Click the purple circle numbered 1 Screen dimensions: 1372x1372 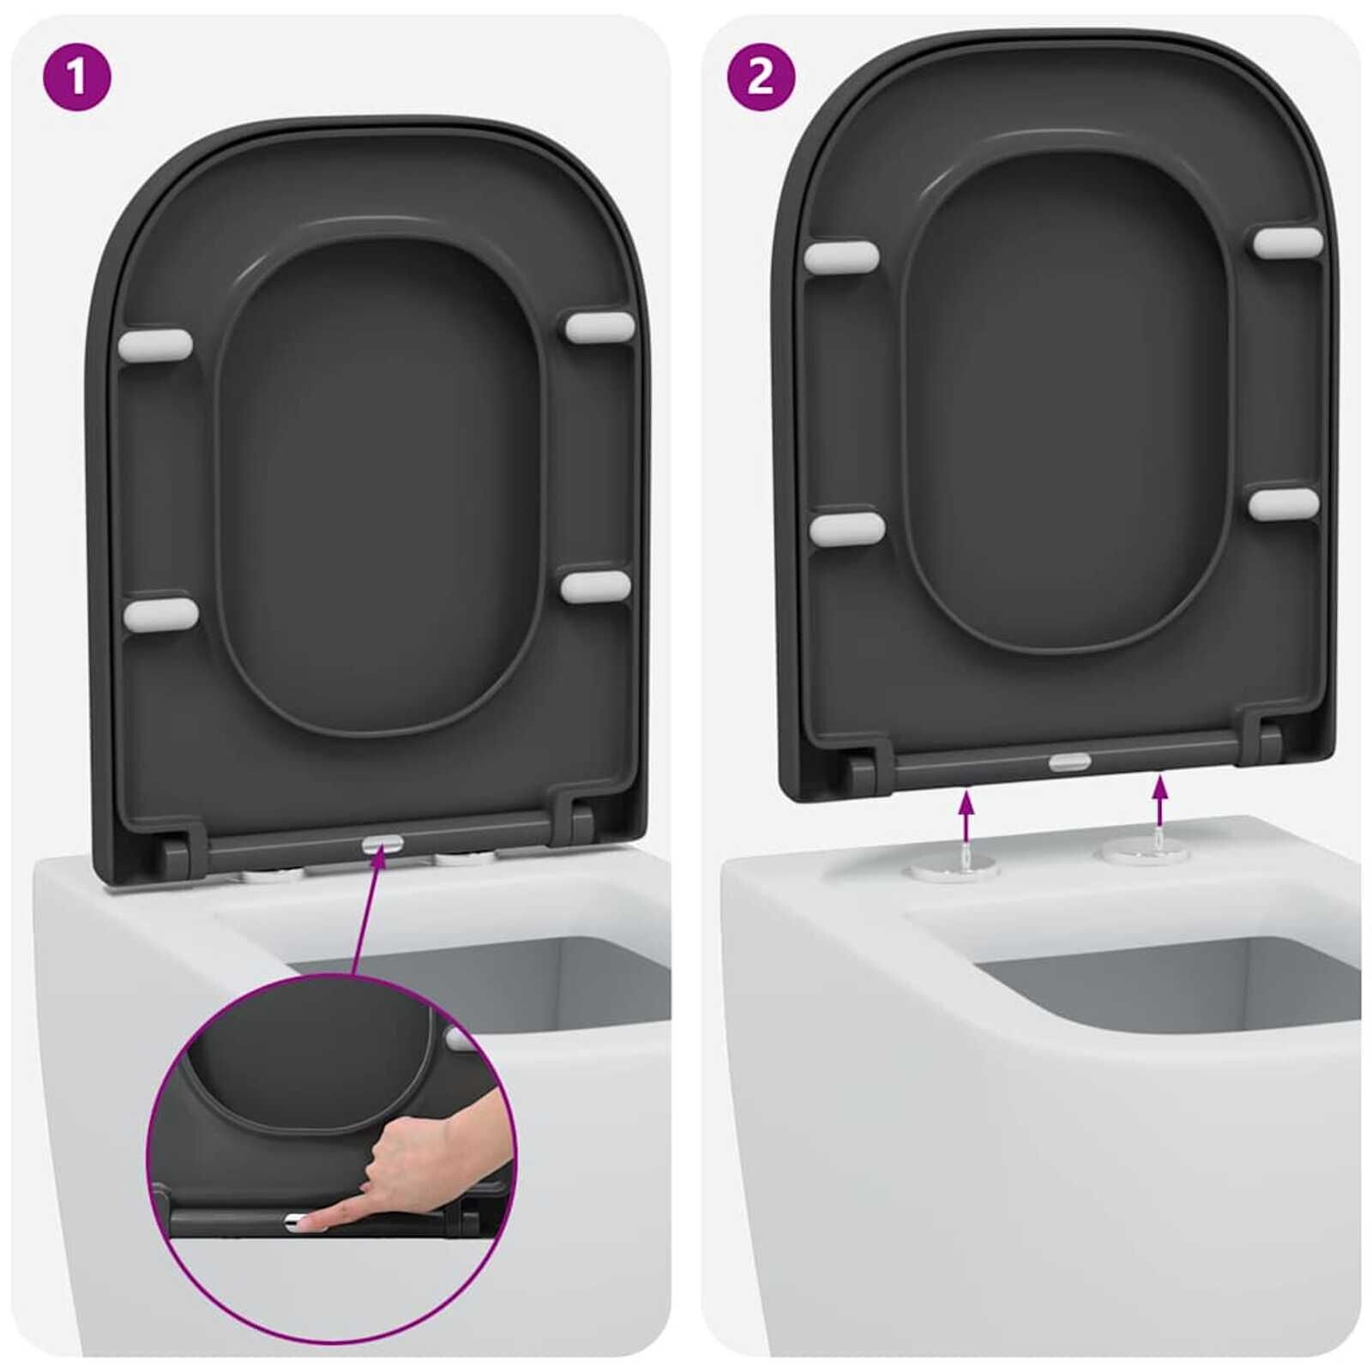click(77, 77)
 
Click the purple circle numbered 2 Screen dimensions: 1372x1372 click(761, 77)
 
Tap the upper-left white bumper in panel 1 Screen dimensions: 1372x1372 click(155, 344)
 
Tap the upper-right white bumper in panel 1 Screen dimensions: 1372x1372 click(599, 327)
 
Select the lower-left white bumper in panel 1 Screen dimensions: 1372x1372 click(160, 614)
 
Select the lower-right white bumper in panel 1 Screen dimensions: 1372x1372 click(596, 587)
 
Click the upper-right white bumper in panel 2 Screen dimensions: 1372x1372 click(1288, 242)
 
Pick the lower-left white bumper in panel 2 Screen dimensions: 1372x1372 click(846, 529)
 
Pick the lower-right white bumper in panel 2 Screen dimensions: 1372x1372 click(1284, 503)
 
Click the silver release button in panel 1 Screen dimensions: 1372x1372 click(382, 845)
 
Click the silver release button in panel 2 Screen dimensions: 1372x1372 click(1070, 761)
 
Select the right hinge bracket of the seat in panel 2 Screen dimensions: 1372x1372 click(1267, 743)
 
